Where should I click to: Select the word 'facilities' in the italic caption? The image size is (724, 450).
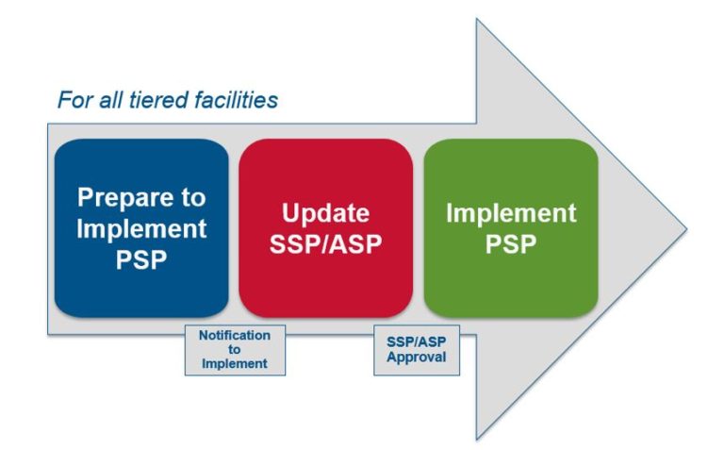point(236,99)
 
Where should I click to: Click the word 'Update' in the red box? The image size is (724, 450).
point(325,212)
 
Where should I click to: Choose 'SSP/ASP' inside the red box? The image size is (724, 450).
point(325,242)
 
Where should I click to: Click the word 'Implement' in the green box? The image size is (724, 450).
point(510,212)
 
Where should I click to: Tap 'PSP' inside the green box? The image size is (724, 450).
point(510,242)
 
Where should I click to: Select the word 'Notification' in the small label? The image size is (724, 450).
point(234,336)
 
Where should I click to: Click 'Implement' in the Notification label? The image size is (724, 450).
point(234,362)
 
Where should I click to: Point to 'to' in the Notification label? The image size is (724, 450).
point(234,349)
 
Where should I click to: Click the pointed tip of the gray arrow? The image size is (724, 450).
point(685,229)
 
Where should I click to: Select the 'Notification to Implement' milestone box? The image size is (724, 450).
point(234,350)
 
